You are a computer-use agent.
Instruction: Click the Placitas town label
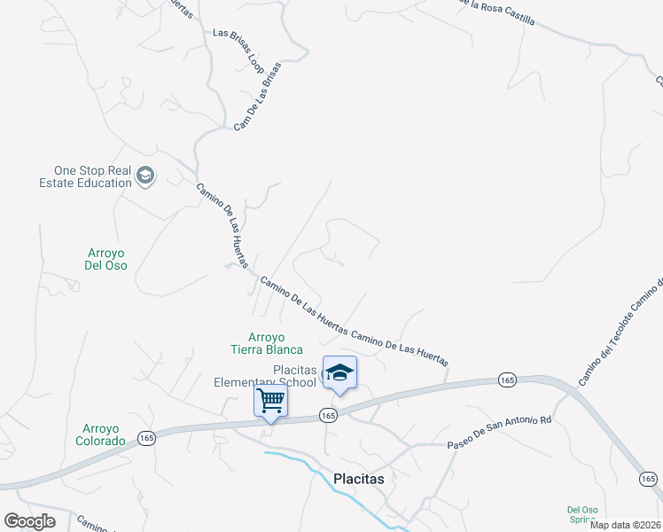(358, 479)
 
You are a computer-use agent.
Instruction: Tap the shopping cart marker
(270, 400)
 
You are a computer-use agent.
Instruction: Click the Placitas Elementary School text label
(265, 376)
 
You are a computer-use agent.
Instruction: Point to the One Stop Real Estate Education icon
(145, 176)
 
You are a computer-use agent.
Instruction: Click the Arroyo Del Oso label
(105, 259)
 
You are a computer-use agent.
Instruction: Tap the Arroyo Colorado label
(99, 434)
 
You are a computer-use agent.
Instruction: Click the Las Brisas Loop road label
(238, 50)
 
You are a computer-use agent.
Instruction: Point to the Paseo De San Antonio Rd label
(499, 432)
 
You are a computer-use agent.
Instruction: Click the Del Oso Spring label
(582, 514)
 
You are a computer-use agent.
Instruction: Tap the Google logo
(30, 520)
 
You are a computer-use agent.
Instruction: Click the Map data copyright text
(626, 524)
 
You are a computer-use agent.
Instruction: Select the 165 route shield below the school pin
(328, 415)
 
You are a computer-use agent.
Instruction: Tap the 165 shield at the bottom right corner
(649, 479)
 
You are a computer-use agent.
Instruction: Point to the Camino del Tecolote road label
(621, 332)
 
